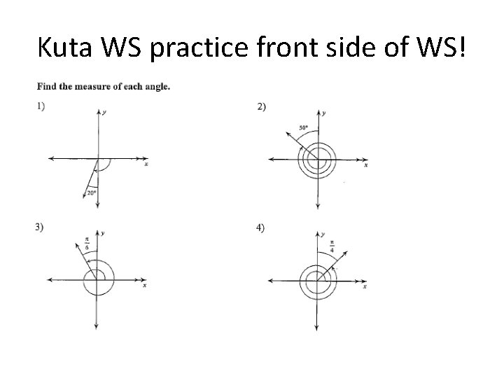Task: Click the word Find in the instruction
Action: (x=46, y=87)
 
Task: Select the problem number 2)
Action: (x=262, y=106)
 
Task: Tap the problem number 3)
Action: (x=41, y=226)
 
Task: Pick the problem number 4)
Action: (x=260, y=227)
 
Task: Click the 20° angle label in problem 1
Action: (x=91, y=192)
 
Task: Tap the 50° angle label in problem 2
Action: (x=303, y=127)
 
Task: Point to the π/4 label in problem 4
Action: (x=331, y=246)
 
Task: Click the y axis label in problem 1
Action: (x=104, y=112)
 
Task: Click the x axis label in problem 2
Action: (x=365, y=165)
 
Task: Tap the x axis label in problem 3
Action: (x=144, y=286)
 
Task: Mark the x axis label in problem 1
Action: (x=146, y=164)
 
